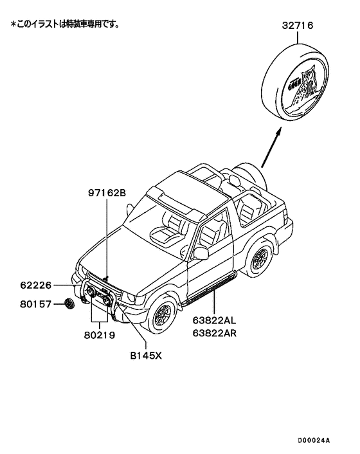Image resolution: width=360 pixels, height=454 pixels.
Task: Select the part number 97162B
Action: (107, 192)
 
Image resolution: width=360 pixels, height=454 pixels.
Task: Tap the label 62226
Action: (38, 284)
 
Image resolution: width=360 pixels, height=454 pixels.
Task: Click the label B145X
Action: (146, 353)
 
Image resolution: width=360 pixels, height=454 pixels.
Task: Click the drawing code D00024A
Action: (313, 440)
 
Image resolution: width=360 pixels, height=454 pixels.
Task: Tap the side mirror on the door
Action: (201, 253)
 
